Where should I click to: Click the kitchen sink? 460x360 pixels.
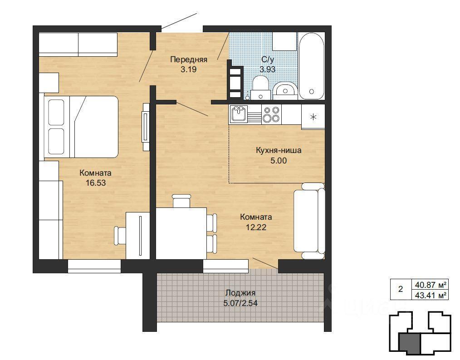point(239,114)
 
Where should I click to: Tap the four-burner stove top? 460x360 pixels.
point(271,114)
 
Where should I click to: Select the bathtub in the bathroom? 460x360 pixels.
point(311,66)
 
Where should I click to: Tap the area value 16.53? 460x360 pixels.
point(96,183)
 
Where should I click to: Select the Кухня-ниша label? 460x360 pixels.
point(279,151)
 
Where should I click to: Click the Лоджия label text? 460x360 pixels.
point(240,293)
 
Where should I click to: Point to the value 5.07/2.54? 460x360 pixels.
point(240,303)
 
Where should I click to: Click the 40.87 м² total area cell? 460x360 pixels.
point(431,285)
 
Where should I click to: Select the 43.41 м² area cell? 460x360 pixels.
point(431,295)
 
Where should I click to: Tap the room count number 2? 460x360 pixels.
point(401,289)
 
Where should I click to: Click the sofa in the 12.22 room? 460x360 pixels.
point(309,221)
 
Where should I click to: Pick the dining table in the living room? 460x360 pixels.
point(181,233)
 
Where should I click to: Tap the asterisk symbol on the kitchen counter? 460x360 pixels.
point(313,117)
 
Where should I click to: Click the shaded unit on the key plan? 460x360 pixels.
point(409,343)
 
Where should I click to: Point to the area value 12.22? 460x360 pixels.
point(256,227)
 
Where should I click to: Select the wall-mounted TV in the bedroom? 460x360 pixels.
point(146,127)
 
